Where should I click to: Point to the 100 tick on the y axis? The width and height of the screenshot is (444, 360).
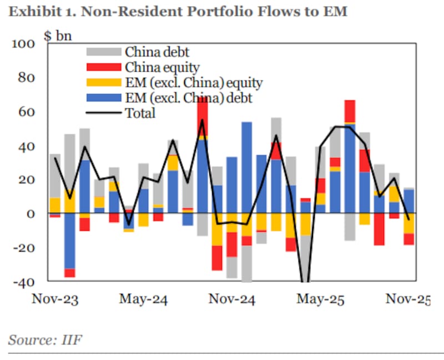[24, 44]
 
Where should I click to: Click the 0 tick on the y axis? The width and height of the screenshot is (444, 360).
[32, 214]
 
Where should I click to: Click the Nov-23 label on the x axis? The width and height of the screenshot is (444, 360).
[54, 299]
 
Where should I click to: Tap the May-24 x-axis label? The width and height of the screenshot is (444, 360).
[144, 299]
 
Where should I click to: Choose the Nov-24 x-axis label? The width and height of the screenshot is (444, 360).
[232, 299]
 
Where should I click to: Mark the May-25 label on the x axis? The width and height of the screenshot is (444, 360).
[320, 299]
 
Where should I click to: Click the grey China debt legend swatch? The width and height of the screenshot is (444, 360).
[103, 52]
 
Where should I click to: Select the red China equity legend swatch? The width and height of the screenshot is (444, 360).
[103, 67]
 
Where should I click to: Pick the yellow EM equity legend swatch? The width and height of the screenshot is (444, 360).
[103, 83]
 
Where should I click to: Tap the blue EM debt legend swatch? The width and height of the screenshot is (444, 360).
[103, 98]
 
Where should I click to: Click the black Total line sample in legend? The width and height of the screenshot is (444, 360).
[103, 113]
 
